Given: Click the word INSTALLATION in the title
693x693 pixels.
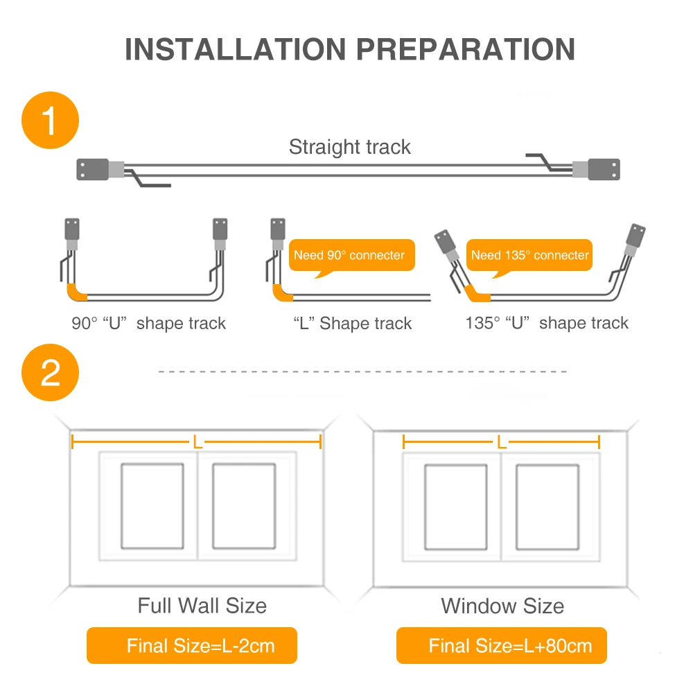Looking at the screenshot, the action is (235, 49).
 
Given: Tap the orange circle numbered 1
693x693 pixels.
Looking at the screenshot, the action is (50, 120).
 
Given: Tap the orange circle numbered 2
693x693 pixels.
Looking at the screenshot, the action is (50, 373).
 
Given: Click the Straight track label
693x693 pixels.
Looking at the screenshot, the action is (349, 147).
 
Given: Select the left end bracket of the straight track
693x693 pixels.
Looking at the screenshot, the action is (93, 169).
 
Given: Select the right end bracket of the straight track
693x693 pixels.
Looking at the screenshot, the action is (604, 169).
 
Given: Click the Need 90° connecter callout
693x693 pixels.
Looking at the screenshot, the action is (352, 256).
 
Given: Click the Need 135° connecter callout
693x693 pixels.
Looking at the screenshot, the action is (529, 256).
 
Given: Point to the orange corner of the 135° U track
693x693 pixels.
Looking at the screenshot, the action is (475, 294).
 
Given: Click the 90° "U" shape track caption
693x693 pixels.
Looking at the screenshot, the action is (148, 323).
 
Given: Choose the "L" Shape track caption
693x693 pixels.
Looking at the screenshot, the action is (352, 323).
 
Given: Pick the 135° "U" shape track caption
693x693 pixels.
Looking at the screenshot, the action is (547, 323).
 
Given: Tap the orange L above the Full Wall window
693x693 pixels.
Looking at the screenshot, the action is (197, 442).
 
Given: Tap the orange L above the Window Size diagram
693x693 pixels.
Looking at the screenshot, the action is (501, 442).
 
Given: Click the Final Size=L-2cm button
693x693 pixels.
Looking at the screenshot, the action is (192, 645).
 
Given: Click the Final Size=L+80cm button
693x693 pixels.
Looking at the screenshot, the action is (502, 645).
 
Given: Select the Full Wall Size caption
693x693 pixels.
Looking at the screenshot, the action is (202, 606).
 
